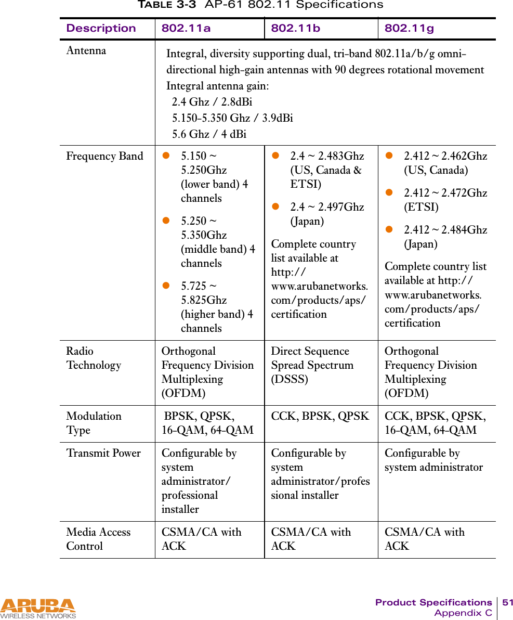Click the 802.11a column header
pyautogui.click(x=186, y=29)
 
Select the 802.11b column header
pyautogui.click(x=295, y=29)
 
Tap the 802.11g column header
pyautogui.click(x=409, y=29)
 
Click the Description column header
pyautogui.click(x=101, y=29)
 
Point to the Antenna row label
pyautogui.click(x=86, y=51)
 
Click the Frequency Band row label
pyautogui.click(x=104, y=156)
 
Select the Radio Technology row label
pyautogui.click(x=94, y=358)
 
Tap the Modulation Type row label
pyautogui.click(x=94, y=423)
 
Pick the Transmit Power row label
pyautogui.click(x=103, y=453)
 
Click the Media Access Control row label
pyautogui.click(x=98, y=539)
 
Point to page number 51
pyautogui.click(x=507, y=602)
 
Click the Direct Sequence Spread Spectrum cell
pyautogui.click(x=312, y=365)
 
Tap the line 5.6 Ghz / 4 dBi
pyautogui.click(x=209, y=134)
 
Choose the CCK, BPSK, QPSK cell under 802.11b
pyautogui.click(x=320, y=416)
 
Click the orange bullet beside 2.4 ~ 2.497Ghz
pyautogui.click(x=277, y=206)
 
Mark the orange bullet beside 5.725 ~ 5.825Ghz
pyautogui.click(x=167, y=286)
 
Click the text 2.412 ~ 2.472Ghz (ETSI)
pyautogui.click(x=445, y=200)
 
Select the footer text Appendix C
pyautogui.click(x=463, y=613)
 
